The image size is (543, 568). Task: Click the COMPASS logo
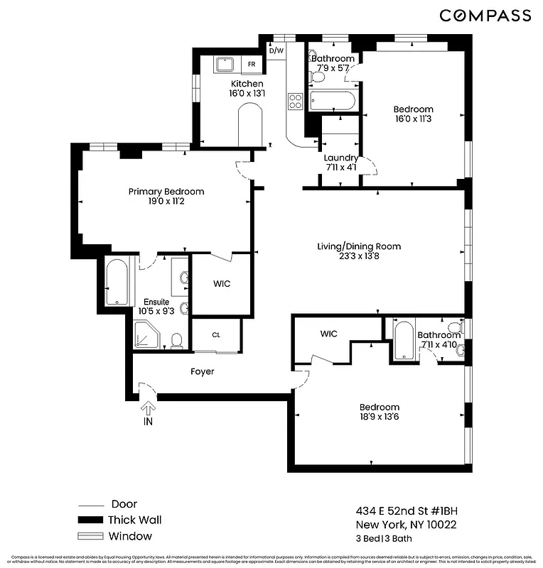point(485,15)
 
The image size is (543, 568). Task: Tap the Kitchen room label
point(247,84)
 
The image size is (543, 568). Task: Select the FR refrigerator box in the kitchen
point(252,64)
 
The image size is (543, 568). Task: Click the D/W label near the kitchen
point(276,50)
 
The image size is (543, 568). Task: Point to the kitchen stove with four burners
point(295,102)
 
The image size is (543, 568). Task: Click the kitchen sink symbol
point(226,64)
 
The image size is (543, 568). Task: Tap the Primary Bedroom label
point(166,192)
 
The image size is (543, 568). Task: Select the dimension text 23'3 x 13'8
point(359,257)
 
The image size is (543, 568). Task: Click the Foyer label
point(202,371)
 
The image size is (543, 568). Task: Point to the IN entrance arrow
point(149,412)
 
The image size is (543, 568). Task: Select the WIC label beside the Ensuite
point(222,284)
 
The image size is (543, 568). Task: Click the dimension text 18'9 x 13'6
point(379,417)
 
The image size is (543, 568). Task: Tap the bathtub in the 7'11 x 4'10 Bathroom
point(402,340)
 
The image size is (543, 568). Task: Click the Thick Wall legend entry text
point(135,520)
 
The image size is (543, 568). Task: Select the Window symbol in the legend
point(90,537)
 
